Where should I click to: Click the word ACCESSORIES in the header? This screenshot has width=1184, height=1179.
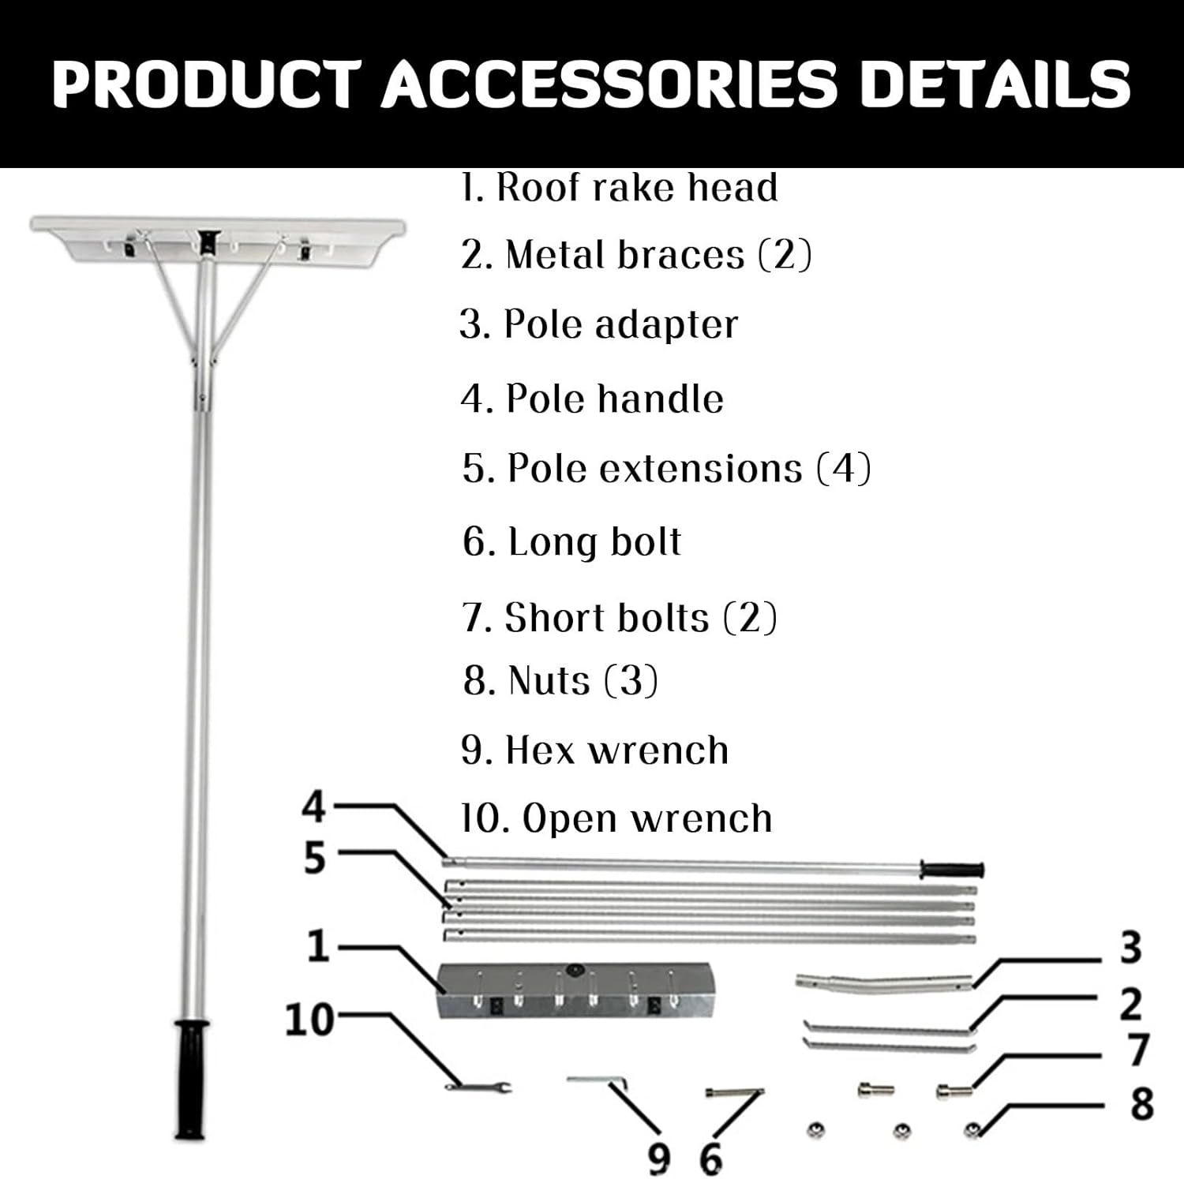coord(609,84)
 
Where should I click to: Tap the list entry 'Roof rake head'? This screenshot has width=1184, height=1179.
coord(620,188)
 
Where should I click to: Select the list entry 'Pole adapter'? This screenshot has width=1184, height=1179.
coord(599,324)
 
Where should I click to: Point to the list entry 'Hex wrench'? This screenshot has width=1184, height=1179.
coord(594,750)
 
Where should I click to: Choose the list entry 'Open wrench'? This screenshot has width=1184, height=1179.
coord(616,818)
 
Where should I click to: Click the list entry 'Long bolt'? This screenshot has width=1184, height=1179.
coord(572,542)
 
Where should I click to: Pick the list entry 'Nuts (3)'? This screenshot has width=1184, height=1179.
coord(560,680)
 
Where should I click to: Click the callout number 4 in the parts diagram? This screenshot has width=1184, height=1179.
coord(314,807)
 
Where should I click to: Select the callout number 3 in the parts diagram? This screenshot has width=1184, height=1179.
coord(1130,948)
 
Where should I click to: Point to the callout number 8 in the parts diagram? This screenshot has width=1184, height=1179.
coord(1141,1103)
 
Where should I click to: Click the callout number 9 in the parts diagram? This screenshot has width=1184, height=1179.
coord(659,1158)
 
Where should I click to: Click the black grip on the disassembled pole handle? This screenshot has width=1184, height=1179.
coord(953,870)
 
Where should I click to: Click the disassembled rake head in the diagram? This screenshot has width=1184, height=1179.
coord(575,990)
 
